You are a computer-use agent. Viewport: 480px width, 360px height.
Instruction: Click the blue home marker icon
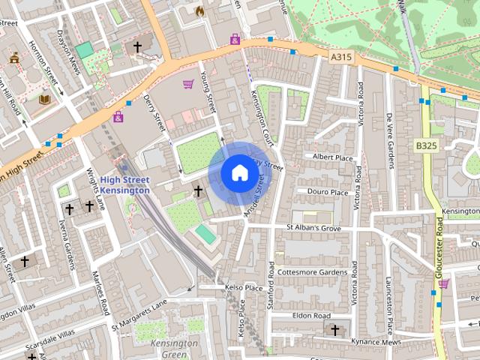coord(239,173)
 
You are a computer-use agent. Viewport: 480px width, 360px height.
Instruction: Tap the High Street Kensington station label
coord(125,185)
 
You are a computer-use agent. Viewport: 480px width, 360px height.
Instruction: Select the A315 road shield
coord(340,55)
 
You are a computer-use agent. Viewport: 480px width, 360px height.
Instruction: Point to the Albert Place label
coord(332,157)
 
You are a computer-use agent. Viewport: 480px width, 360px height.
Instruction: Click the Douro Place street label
coord(328,192)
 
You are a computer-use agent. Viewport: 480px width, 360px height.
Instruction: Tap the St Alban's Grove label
coord(313,227)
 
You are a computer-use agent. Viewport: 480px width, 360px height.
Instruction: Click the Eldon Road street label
coord(311,316)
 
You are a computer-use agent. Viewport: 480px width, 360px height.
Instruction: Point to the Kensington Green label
coord(173,348)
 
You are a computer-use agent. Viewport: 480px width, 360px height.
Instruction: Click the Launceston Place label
coord(389,304)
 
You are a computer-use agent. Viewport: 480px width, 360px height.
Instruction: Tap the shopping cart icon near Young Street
coord(187,84)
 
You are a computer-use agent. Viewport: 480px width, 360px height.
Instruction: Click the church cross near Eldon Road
coord(334,329)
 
